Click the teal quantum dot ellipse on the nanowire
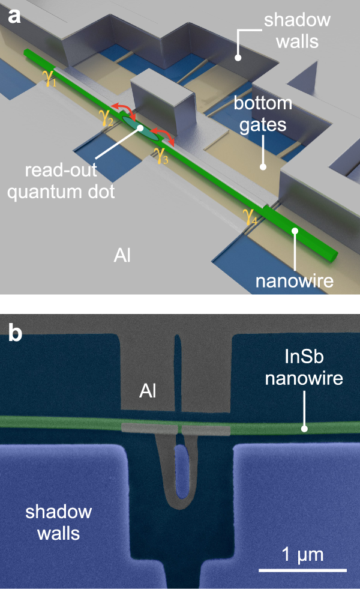[x=142, y=128]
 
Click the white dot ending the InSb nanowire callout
[x=304, y=429]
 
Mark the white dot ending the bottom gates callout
[x=262, y=166]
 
